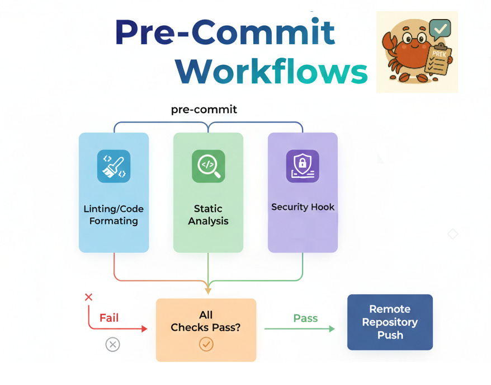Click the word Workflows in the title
[272, 72]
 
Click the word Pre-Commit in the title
[225, 32]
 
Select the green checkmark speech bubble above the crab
[441, 27]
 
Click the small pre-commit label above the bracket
[204, 110]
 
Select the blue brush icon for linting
[114, 166]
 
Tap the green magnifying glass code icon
[208, 166]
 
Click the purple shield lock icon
[303, 166]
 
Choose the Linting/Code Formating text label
[114, 215]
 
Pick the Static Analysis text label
[208, 215]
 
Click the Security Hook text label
[303, 207]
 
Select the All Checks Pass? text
[206, 321]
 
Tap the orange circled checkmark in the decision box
[206, 344]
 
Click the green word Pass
[305, 318]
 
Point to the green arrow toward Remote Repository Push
[299, 329]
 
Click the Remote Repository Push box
[390, 322]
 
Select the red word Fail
[109, 318]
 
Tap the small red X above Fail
[88, 297]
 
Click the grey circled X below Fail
[112, 345]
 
